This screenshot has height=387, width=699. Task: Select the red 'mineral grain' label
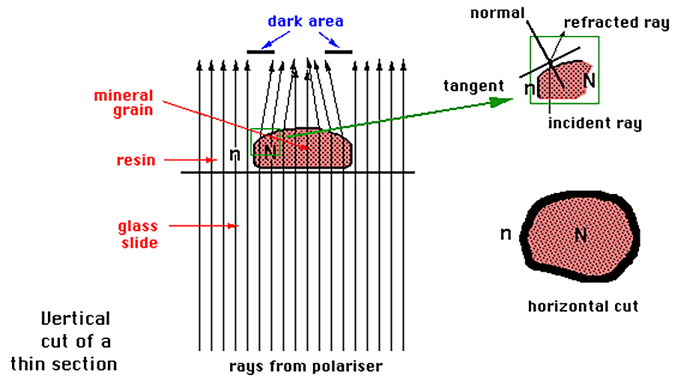[124, 103]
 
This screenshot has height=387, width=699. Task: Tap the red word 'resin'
[136, 159]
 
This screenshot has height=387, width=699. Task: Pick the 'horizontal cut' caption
[583, 306]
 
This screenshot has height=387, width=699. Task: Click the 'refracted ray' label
[616, 22]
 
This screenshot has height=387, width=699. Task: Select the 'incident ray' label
[594, 122]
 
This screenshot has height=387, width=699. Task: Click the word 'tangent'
[473, 86]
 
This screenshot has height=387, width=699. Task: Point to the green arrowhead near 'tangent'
[497, 100]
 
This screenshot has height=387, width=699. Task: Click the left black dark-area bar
[261, 52]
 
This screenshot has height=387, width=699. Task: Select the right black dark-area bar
[339, 52]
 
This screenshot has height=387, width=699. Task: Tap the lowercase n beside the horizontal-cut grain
[505, 234]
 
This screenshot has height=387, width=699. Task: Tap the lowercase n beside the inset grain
[530, 89]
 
